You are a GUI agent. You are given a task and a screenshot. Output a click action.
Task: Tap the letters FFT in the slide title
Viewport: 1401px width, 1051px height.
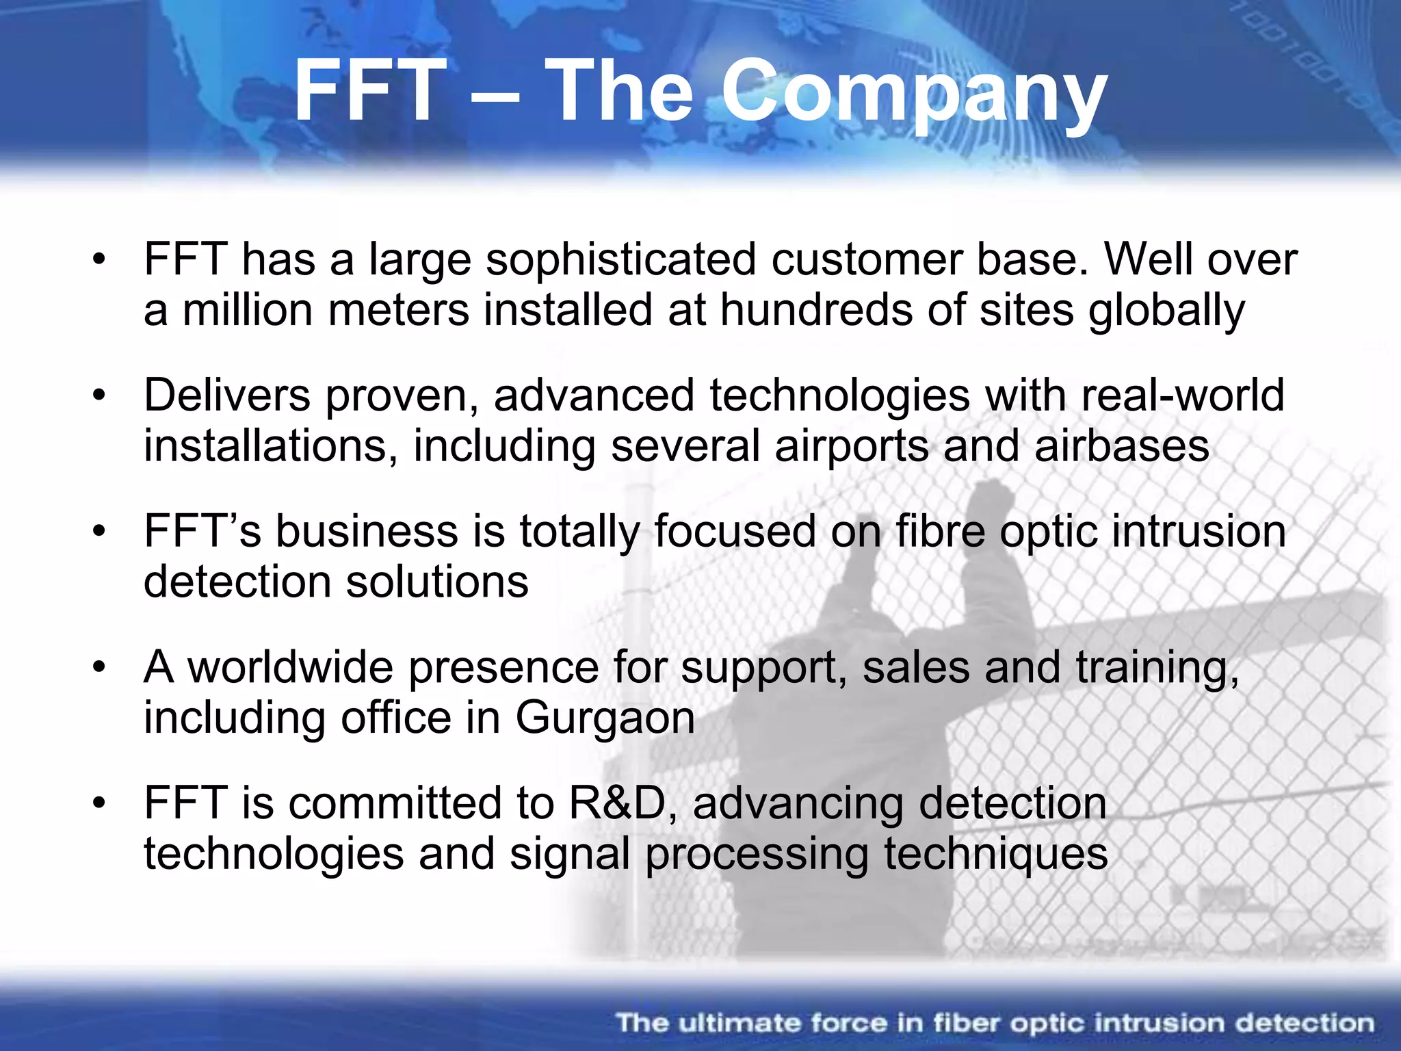click(369, 92)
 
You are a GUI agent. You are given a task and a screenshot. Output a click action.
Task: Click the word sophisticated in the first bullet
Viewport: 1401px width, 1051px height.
click(620, 260)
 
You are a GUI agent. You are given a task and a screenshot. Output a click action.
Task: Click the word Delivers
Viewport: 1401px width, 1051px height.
click(226, 395)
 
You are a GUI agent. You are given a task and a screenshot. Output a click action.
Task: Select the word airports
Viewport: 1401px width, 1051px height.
click(852, 446)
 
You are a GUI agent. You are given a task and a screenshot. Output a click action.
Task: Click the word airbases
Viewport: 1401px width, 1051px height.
click(1122, 446)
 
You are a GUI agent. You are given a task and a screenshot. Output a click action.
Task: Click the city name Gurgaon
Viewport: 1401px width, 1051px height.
click(605, 718)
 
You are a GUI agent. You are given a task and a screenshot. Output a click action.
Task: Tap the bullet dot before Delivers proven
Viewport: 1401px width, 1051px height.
click(100, 395)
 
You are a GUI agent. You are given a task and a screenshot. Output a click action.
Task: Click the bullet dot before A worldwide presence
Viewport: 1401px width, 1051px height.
click(100, 667)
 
